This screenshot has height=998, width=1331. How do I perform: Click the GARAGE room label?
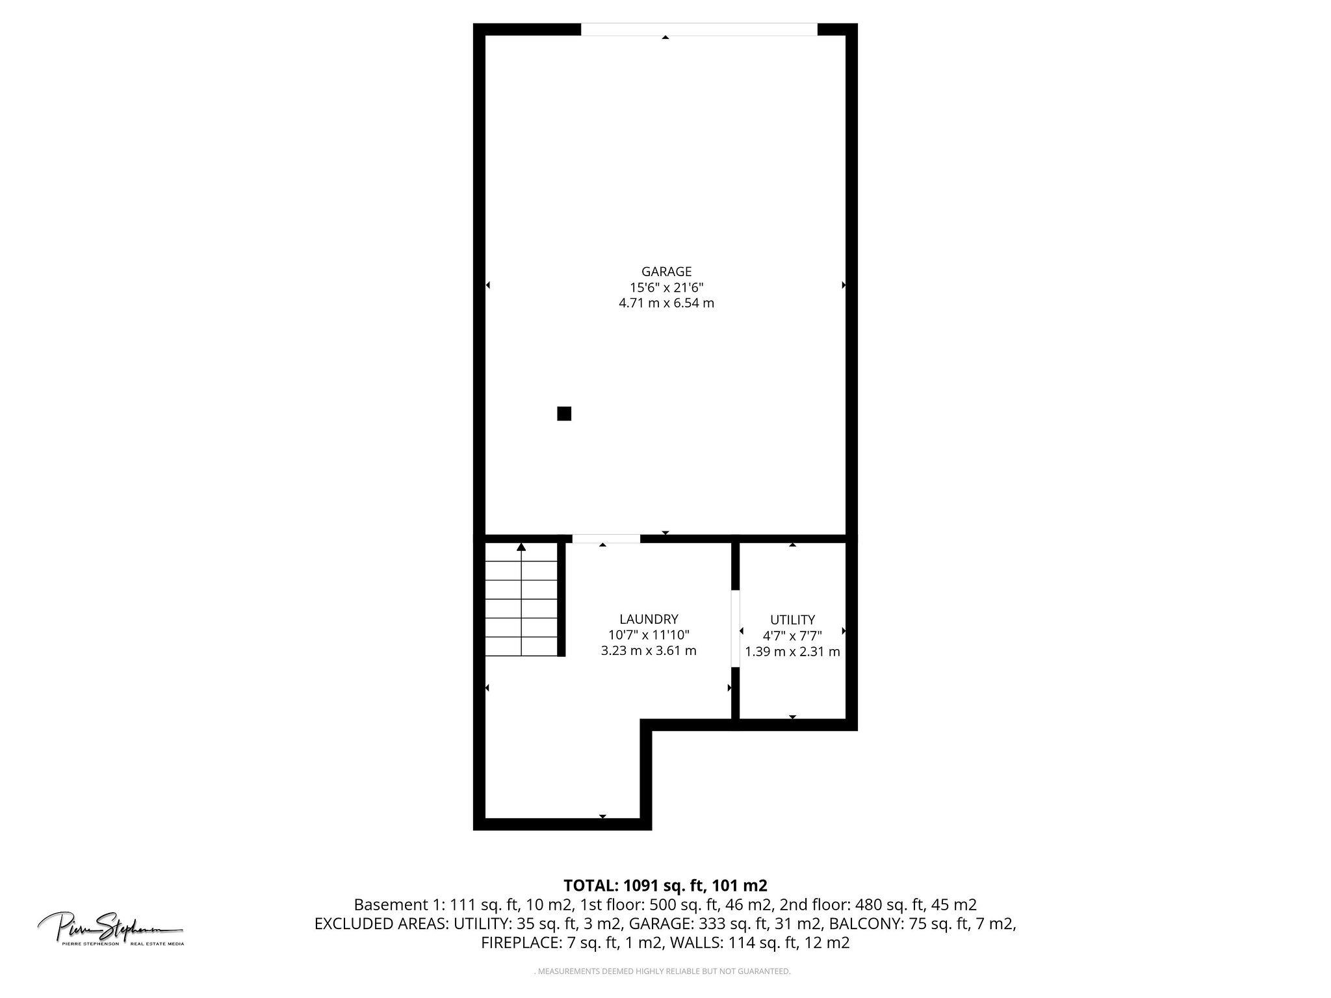666,272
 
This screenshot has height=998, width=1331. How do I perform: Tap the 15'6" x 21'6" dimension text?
666,287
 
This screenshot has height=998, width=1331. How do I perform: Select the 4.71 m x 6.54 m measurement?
666,303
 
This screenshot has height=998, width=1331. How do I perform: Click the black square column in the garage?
564,413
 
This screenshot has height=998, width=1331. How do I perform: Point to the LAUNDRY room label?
649,619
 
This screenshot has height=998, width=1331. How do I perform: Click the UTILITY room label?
792,619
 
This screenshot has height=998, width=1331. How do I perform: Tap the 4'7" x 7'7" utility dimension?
792,635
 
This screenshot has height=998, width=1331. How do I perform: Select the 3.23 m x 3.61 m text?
649,651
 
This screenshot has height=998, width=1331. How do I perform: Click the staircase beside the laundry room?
522,601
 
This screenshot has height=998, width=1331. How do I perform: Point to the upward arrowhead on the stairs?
521,547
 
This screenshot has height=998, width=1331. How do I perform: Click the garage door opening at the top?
699,29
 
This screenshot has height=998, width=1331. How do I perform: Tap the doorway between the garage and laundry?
606,539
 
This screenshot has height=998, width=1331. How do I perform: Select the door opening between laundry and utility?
736,628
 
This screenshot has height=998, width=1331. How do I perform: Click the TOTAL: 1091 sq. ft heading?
665,885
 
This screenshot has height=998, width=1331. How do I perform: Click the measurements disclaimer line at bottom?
663,971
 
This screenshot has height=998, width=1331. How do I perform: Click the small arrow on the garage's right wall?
844,285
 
